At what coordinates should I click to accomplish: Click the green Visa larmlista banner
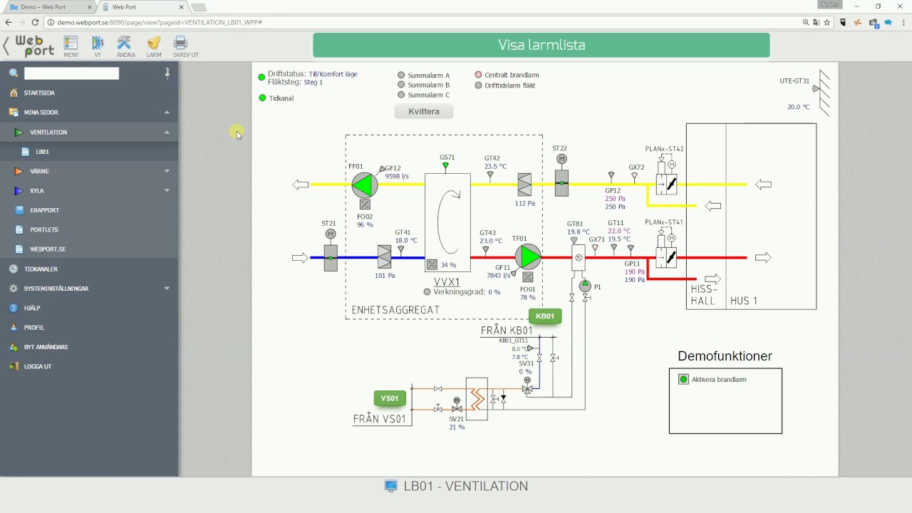(541, 45)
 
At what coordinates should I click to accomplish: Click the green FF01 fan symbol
(364, 185)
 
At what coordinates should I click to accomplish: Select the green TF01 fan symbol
(528, 256)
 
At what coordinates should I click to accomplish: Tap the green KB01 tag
(545, 316)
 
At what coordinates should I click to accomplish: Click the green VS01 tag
(390, 398)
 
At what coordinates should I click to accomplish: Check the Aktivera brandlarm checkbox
(684, 380)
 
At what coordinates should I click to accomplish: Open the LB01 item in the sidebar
(43, 152)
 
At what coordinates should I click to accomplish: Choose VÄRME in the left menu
(40, 171)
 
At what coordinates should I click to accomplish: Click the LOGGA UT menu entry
(38, 366)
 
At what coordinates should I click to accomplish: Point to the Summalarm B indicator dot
(401, 85)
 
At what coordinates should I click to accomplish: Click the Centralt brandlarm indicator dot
(479, 75)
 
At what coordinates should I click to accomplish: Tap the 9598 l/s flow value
(397, 176)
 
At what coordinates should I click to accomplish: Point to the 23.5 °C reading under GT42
(495, 167)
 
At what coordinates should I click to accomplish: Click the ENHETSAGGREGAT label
(395, 310)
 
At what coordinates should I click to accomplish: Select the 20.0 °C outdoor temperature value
(798, 107)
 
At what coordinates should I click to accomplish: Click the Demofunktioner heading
(725, 356)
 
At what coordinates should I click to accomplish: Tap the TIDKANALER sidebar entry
(41, 269)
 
